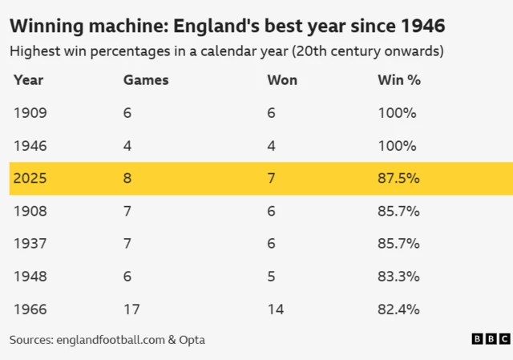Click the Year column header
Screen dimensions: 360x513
(28, 80)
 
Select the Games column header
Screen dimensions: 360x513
(146, 80)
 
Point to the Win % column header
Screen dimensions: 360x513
(399, 80)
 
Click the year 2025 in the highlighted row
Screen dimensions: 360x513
(30, 179)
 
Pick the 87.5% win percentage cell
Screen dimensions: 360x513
(398, 179)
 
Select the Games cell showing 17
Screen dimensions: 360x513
(130, 309)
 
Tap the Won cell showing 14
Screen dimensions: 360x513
(275, 309)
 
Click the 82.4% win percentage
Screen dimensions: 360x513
(398, 309)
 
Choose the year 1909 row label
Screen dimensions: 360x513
(30, 113)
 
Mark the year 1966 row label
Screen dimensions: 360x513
(30, 309)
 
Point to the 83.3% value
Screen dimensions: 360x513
(398, 277)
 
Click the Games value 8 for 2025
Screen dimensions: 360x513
(127, 179)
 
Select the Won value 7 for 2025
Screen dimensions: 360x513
(271, 179)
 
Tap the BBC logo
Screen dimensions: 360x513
(490, 339)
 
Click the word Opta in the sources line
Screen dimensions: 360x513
(192, 340)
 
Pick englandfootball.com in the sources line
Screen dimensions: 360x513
(111, 340)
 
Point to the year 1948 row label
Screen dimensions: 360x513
(30, 277)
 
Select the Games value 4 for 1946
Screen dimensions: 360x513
(127, 146)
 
